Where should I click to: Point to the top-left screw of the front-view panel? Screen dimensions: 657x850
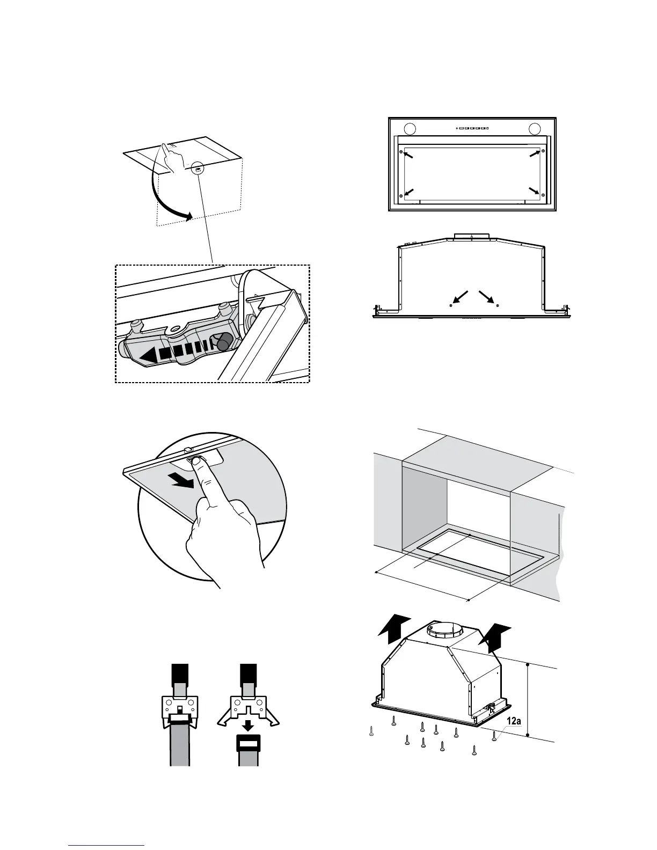point(400,152)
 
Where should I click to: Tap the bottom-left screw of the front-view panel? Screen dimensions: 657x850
point(400,195)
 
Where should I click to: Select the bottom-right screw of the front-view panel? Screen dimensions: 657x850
point(543,195)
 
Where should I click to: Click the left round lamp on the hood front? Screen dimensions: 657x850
point(409,129)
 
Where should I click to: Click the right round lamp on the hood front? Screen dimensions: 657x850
point(535,129)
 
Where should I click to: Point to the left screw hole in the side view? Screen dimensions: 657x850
point(450,305)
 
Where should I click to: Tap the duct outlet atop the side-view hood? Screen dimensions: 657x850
point(471,236)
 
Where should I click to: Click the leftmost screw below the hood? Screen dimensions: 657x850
point(371,731)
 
